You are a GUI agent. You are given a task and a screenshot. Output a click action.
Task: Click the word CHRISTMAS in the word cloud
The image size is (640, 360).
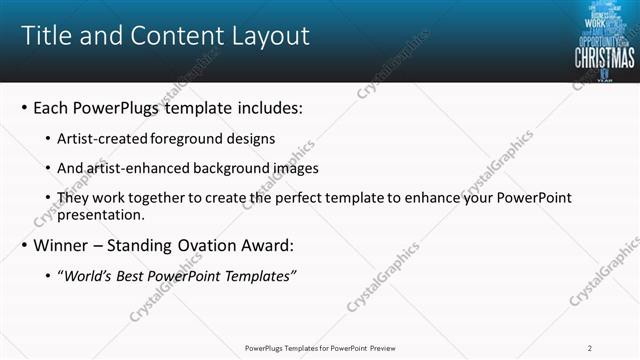point(603,57)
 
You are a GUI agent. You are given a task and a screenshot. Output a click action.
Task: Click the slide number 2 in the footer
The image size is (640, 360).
point(590,348)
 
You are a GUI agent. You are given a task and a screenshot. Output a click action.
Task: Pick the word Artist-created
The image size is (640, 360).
point(98,137)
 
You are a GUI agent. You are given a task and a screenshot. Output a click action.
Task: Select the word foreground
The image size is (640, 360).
point(182,137)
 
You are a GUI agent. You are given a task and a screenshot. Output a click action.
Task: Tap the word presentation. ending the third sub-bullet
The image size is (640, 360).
point(101,214)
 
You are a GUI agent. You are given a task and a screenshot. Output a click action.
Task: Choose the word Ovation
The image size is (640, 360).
point(210,245)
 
